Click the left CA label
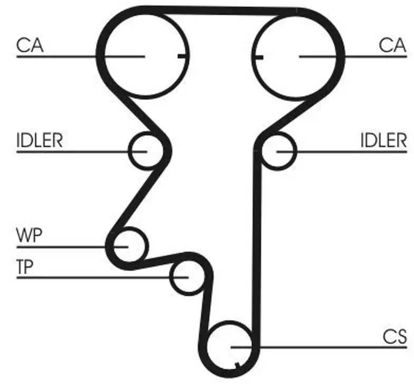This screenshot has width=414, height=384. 30,45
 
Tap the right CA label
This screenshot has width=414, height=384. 392,45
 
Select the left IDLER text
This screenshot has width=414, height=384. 40,141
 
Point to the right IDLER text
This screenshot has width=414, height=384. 383,141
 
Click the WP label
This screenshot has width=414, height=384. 29,235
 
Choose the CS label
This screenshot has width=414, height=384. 395,337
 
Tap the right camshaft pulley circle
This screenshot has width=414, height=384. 252,56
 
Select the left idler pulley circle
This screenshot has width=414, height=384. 129,151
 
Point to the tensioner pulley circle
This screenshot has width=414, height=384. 170,277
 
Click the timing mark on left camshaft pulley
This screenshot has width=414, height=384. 183,56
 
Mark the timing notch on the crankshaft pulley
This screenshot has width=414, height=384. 237,366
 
